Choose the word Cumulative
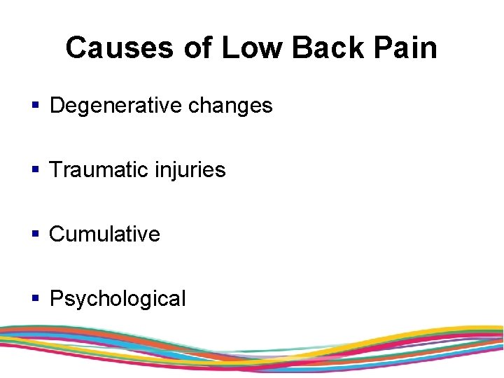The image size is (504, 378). [x=105, y=234]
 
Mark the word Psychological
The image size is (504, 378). [x=118, y=299]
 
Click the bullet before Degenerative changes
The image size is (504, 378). [x=36, y=106]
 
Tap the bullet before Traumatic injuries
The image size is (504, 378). [x=36, y=170]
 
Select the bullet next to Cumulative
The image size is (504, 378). [x=36, y=234]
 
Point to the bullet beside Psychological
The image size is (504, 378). [x=36, y=299]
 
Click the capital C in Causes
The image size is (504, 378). [x=76, y=48]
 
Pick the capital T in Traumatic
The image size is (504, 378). [x=57, y=170]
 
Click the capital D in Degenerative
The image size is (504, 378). [x=57, y=106]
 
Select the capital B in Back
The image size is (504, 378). [x=302, y=48]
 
